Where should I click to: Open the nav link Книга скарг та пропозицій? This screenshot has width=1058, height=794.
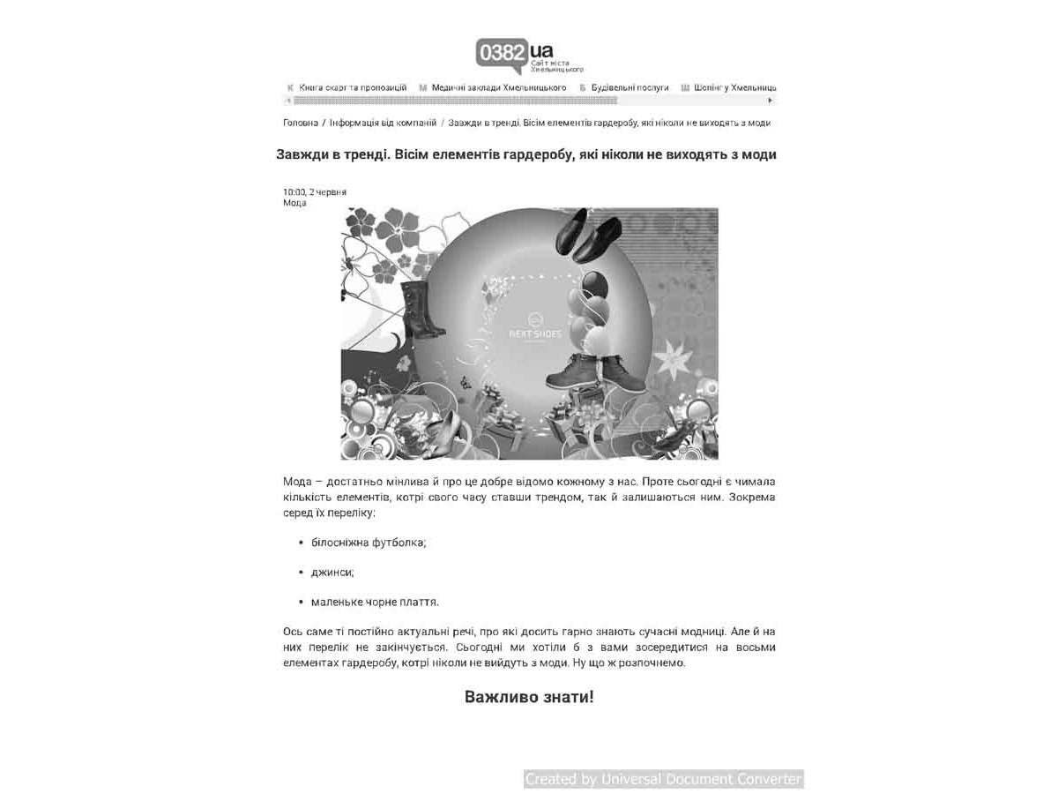(x=353, y=88)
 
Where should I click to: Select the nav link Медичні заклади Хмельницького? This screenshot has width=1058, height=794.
(x=498, y=88)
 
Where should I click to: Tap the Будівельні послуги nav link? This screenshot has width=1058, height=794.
(x=630, y=88)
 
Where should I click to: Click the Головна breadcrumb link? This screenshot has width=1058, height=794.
(x=301, y=123)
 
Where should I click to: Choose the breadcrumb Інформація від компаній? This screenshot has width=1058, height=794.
(x=383, y=123)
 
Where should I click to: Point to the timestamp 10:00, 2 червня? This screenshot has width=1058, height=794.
(x=315, y=191)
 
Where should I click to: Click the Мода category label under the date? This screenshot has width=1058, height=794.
(x=294, y=203)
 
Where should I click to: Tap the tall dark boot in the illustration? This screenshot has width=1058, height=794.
(x=421, y=310)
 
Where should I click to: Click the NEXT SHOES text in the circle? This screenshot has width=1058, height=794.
(x=534, y=334)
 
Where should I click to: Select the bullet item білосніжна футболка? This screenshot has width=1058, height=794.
(x=369, y=543)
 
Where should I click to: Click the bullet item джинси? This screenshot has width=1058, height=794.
(x=332, y=573)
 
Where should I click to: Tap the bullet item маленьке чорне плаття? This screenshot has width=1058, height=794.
(x=375, y=603)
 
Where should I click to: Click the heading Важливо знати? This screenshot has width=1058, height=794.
(x=529, y=697)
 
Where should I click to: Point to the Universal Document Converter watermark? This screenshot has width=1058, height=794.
(x=663, y=779)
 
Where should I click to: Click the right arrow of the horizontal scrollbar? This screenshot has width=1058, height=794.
(x=771, y=101)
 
